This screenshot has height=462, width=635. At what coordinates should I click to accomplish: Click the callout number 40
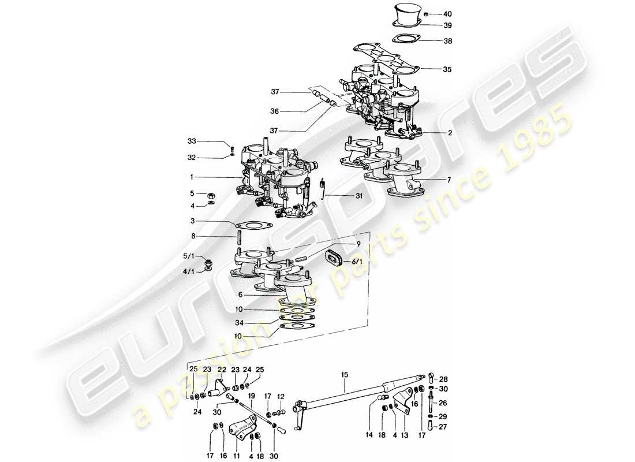point(448,14)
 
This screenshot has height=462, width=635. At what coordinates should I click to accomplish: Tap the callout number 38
point(448,42)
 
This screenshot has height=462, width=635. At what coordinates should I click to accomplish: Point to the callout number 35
point(448,69)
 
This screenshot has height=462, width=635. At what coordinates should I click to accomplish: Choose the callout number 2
point(450,132)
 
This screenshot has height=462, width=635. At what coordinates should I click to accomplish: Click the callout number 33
point(192,141)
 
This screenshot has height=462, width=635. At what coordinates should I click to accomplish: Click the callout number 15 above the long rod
point(345,375)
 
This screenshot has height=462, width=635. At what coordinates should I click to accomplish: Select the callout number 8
point(193,236)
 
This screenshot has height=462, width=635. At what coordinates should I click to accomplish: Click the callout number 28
point(443,379)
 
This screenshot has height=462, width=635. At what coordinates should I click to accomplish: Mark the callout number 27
point(443,427)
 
